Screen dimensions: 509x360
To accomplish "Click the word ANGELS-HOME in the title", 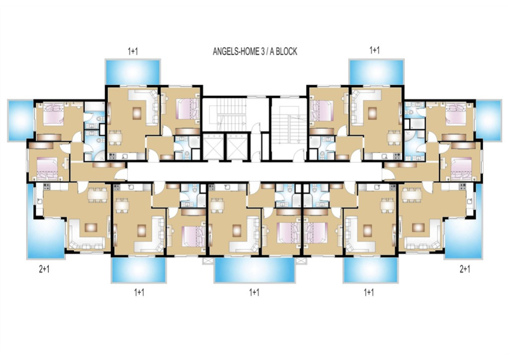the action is tap(236, 52).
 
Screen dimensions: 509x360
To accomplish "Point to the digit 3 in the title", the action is tap(262, 52).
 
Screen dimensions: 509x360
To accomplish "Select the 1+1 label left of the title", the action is tap(133, 51).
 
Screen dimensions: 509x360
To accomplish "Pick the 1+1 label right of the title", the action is tap(374, 50).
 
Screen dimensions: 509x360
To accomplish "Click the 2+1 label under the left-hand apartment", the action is tap(44, 269).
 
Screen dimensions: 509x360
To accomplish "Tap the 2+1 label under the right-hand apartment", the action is tap(465, 269).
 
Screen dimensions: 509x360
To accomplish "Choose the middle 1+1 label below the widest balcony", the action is tap(254, 292).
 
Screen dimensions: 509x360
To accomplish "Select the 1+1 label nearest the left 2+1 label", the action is tap(139, 292).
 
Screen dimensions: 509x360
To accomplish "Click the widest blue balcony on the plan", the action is tap(255, 270).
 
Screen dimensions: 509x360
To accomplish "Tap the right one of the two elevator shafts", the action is tap(237, 146).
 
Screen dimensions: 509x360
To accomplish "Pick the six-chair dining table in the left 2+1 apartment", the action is tap(98, 195).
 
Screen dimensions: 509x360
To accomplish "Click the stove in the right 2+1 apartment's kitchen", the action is tap(463, 187).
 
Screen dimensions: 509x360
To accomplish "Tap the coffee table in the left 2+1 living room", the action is tap(91, 227).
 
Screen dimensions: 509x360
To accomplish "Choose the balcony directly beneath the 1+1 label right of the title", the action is tap(377, 72).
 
